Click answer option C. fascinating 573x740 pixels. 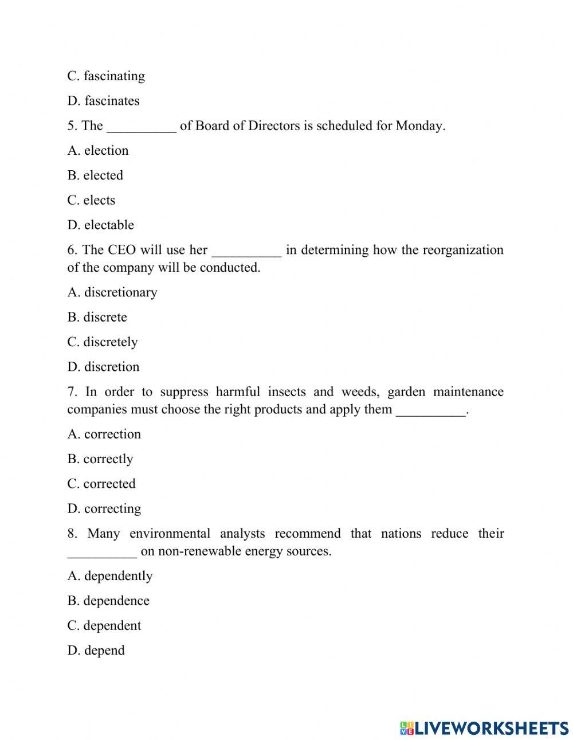tap(106, 76)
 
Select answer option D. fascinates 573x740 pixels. tap(103, 101)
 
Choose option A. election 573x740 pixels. tap(98, 151)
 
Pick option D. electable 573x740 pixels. tap(100, 225)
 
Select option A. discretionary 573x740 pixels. tap(112, 292)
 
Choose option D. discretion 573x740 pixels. tap(103, 367)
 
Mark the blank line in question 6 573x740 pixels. tap(247, 254)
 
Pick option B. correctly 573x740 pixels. tap(100, 459)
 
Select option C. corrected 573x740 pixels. tap(101, 484)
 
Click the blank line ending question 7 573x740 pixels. tap(431, 414)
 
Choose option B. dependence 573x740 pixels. tap(108, 601)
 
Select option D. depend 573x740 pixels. tap(96, 651)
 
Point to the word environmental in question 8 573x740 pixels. tap(170, 534)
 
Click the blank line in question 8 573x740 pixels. tap(102, 555)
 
